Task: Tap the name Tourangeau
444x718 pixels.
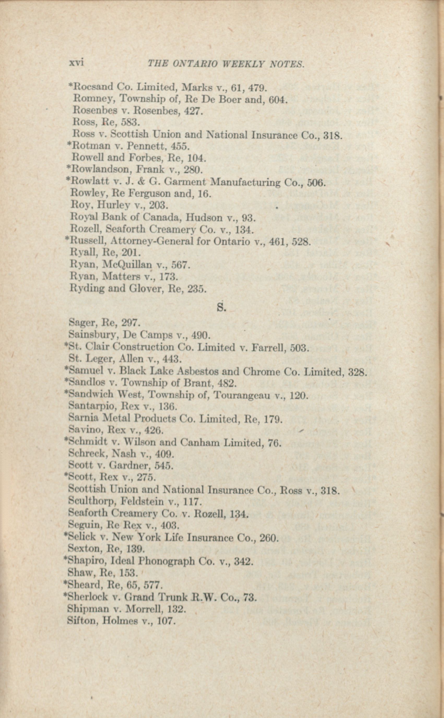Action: click(241, 396)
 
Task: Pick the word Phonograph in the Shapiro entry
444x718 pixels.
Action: click(166, 561)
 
